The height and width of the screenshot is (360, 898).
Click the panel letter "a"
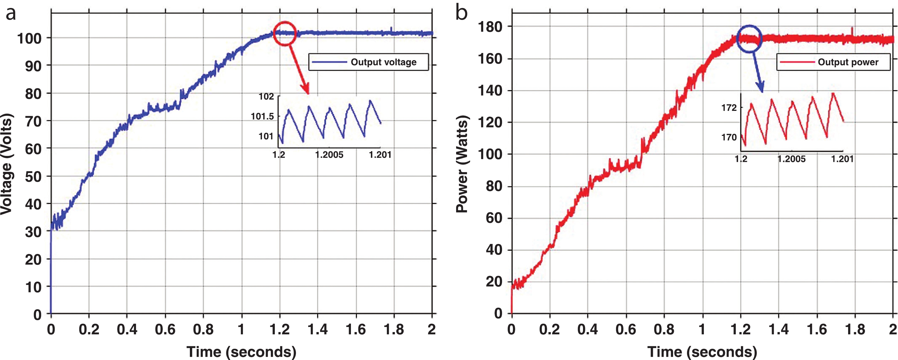click(11, 14)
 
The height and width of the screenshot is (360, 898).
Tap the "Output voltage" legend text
click(383, 62)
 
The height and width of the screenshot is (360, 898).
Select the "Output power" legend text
click(848, 62)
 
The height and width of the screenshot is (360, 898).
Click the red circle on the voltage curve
click(285, 33)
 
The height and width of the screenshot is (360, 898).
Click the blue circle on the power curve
click(749, 39)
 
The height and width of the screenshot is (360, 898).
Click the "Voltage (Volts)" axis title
click(7, 164)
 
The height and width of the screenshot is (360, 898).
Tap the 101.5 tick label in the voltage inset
click(262, 116)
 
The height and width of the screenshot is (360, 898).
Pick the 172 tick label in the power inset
click(729, 108)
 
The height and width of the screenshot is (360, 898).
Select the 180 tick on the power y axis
click(490, 27)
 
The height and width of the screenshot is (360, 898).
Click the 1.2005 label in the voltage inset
click(329, 155)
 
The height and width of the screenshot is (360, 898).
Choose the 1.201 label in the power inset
click(842, 159)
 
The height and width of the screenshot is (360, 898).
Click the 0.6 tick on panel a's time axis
click(165, 329)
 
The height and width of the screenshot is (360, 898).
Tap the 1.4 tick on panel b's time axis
click(779, 329)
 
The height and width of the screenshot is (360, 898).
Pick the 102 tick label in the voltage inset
click(266, 97)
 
